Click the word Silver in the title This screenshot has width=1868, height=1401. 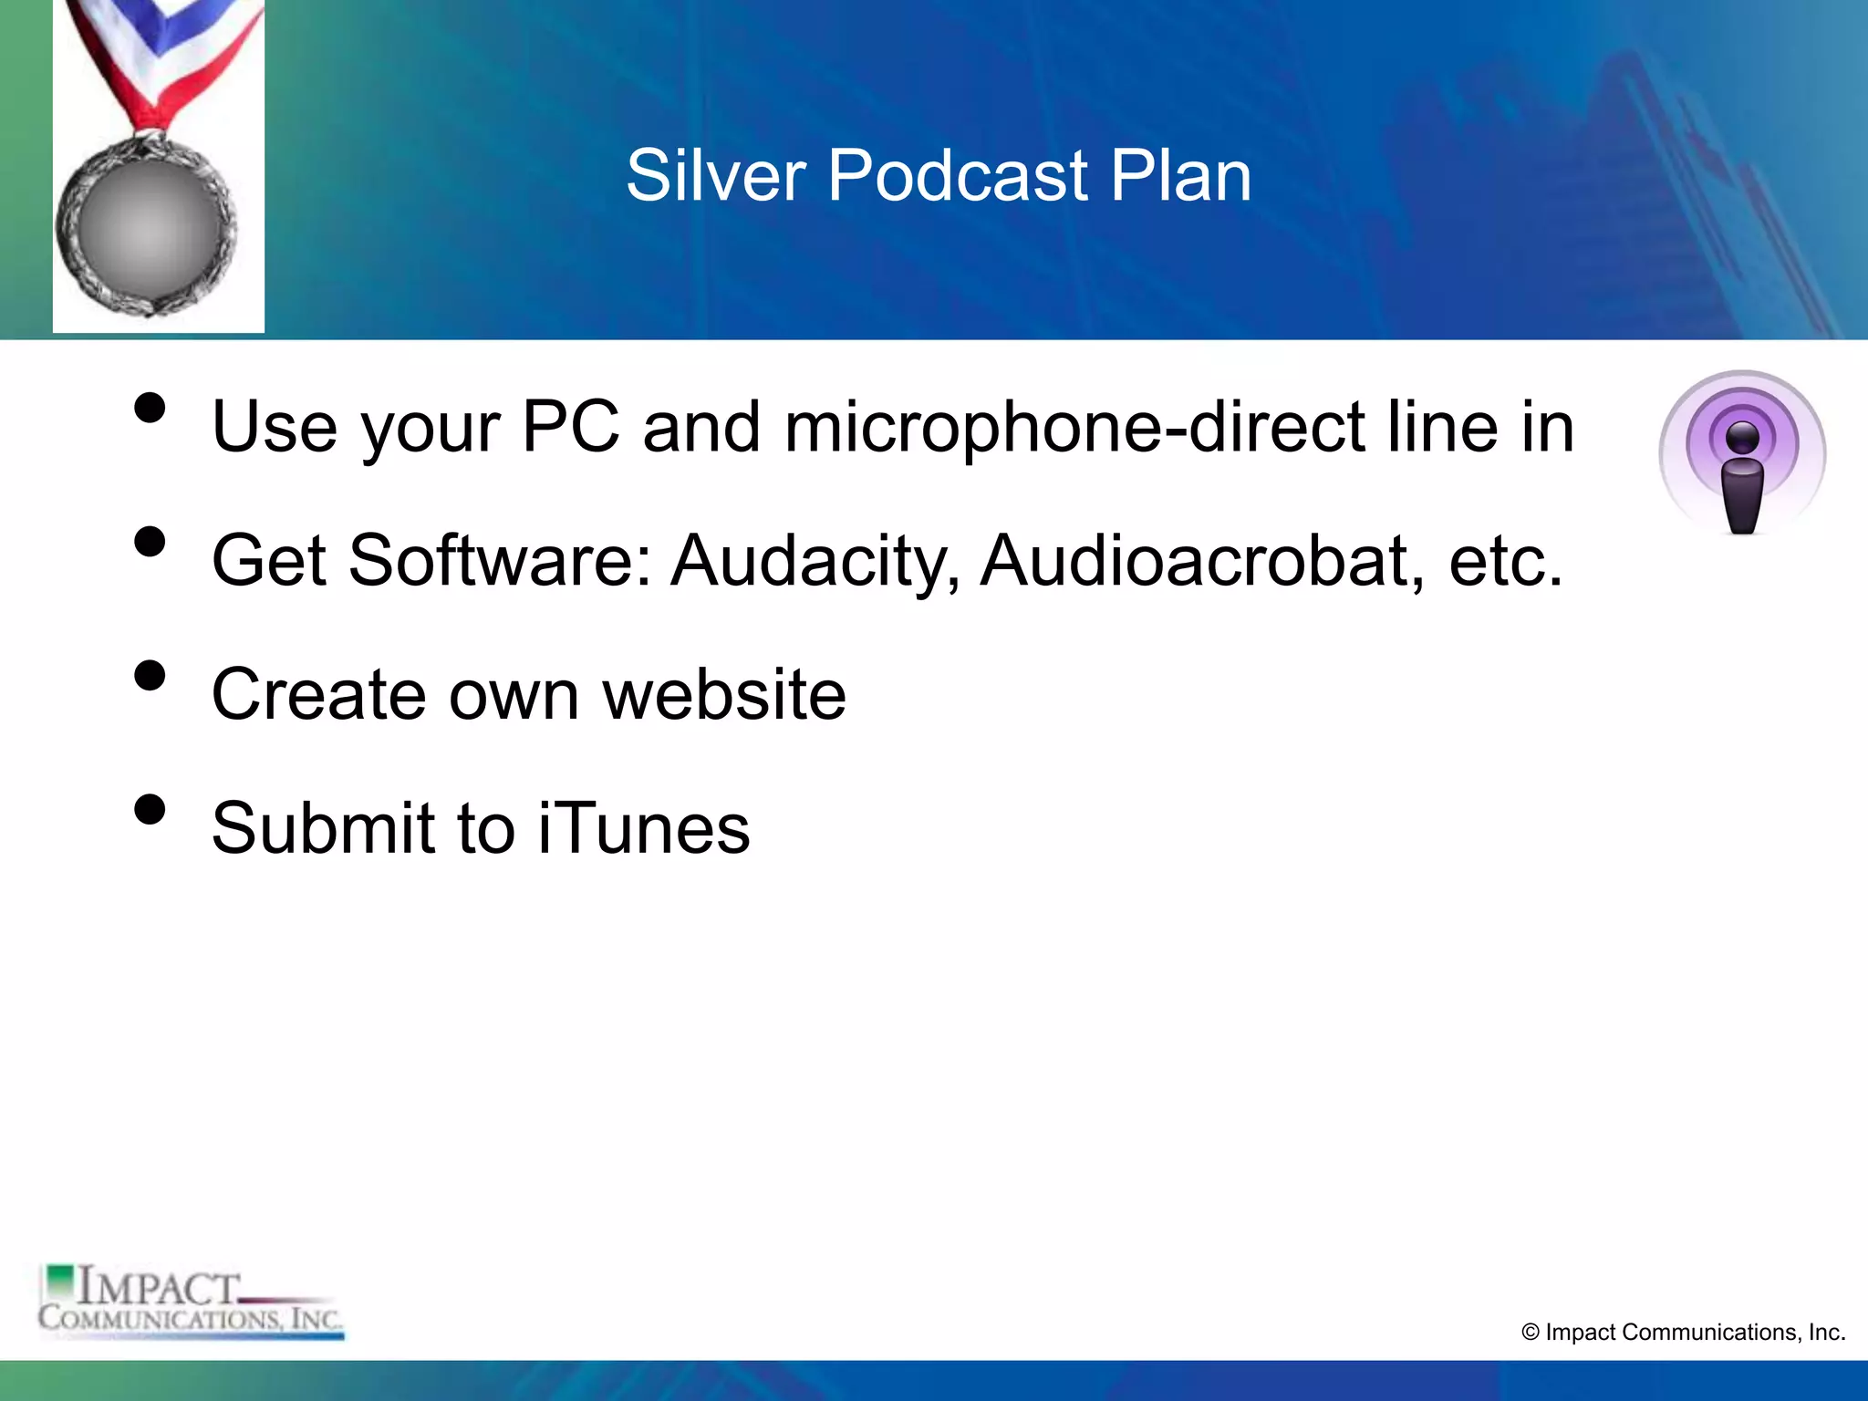coord(716,175)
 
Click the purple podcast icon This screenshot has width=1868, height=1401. coord(1742,452)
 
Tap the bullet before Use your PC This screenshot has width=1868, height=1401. coord(150,408)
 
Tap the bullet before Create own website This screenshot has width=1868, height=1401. coord(150,676)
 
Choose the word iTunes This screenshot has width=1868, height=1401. coord(644,828)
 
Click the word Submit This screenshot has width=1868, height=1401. coord(323,828)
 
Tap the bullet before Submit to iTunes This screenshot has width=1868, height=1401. coord(150,810)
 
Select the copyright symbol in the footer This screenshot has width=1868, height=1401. coord(1531,1333)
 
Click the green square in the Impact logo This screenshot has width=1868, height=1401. coord(61,1280)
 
